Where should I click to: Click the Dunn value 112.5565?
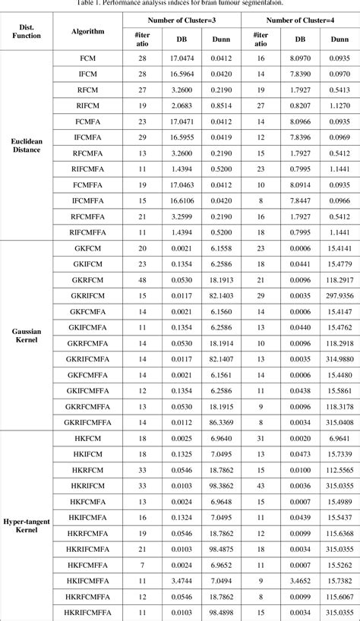coord(333,469)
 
